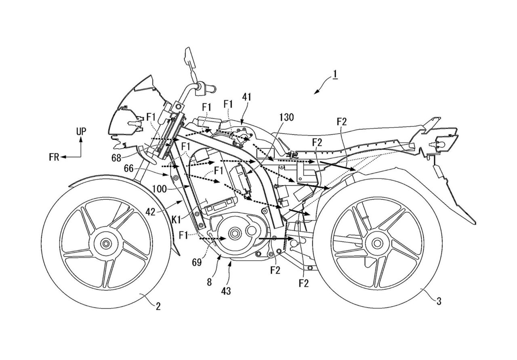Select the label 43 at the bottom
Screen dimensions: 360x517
tap(226, 290)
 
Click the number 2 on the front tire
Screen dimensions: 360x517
tap(158, 306)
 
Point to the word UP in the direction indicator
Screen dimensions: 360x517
tap(80, 131)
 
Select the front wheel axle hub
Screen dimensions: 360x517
tap(106, 243)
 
